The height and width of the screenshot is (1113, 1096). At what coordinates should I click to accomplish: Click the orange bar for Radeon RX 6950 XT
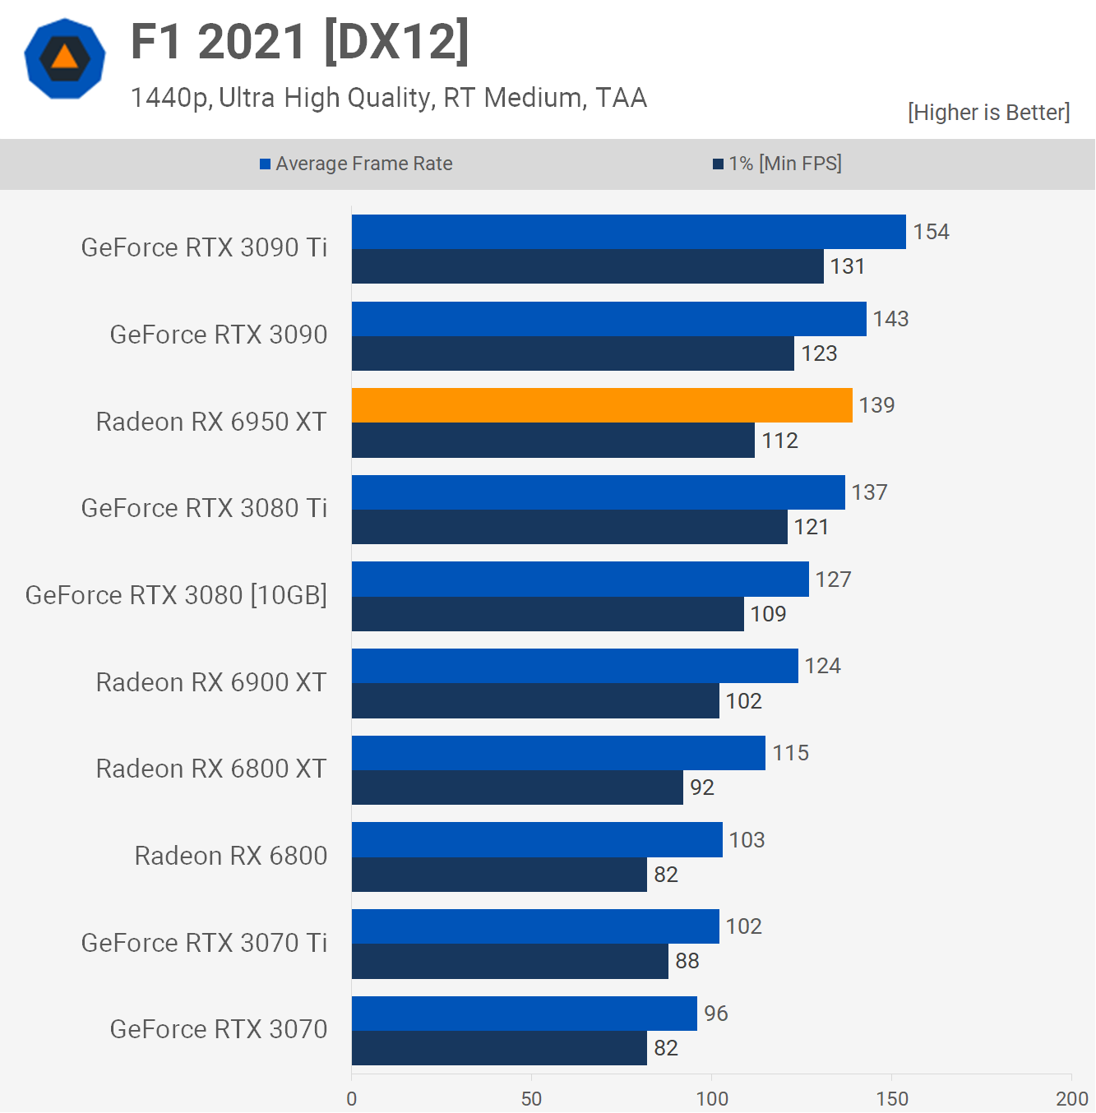[602, 405]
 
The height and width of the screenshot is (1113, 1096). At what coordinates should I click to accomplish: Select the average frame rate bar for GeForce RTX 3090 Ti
[628, 232]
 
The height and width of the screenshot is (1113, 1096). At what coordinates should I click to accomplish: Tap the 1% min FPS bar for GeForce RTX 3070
[499, 1048]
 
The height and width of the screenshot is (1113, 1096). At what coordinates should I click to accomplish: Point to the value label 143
[890, 319]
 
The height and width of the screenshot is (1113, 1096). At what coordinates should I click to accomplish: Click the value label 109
[768, 614]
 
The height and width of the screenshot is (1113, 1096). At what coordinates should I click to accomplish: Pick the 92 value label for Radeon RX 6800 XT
[701, 787]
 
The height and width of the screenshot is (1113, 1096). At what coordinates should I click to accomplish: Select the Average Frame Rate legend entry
[356, 164]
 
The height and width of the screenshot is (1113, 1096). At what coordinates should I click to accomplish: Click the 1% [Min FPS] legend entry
[777, 164]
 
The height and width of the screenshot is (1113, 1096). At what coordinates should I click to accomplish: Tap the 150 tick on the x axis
[892, 1099]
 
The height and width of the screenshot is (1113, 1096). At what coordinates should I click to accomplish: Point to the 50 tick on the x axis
[532, 1099]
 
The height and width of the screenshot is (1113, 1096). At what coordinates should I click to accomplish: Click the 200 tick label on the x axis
[1071, 1099]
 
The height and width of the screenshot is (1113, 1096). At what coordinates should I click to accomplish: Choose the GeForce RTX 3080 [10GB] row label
[176, 595]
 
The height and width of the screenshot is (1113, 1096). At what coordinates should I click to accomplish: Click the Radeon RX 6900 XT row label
[211, 682]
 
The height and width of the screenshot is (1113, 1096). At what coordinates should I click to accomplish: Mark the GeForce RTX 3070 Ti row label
[204, 943]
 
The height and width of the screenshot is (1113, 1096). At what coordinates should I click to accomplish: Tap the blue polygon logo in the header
[65, 58]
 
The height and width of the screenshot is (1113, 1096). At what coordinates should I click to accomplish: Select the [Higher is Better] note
[988, 113]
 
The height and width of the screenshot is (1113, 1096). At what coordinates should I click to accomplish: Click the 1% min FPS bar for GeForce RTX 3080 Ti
[569, 527]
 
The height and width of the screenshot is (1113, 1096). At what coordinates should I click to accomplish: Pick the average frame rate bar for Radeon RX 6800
[537, 840]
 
